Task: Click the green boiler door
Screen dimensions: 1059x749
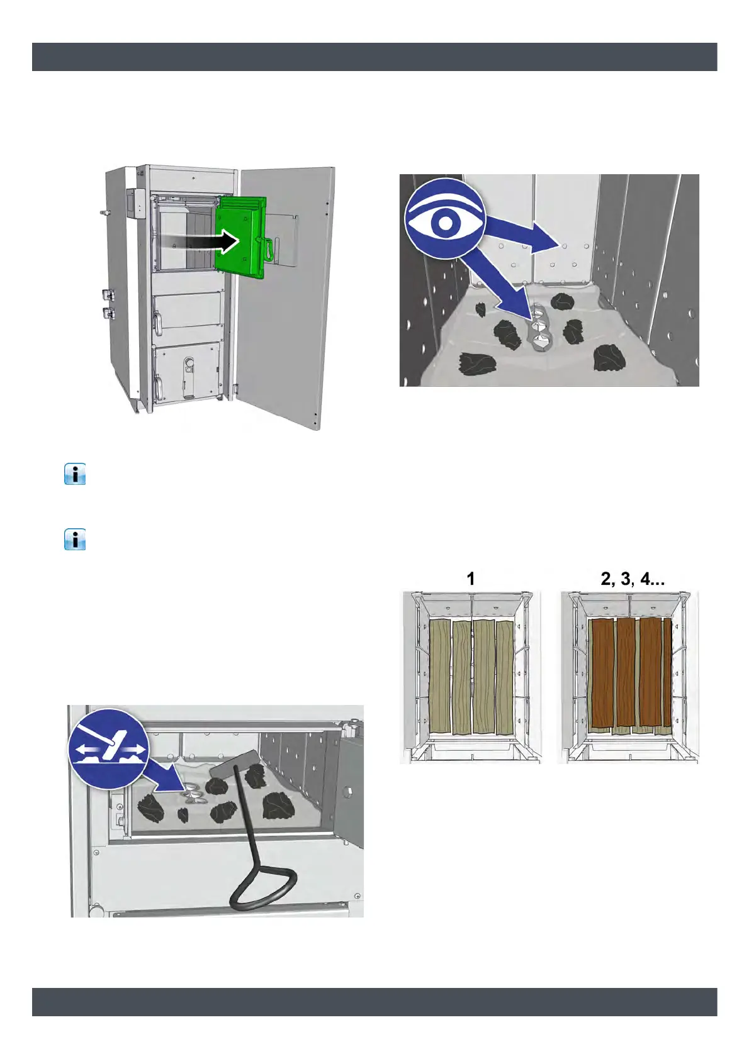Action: (x=240, y=236)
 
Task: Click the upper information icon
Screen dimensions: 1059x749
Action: (x=75, y=474)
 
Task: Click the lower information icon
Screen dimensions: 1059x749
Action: (x=75, y=540)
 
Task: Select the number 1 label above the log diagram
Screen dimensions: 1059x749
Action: (x=471, y=579)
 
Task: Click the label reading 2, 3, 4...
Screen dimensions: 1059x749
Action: (x=632, y=579)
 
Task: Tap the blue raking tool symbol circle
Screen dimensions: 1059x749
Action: (x=109, y=748)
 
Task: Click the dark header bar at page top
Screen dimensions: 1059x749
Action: (x=374, y=57)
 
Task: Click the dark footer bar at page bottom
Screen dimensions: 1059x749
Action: (x=374, y=1001)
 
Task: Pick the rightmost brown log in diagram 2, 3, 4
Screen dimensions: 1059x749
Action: (x=667, y=673)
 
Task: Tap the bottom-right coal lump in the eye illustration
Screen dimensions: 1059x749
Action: (x=609, y=358)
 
